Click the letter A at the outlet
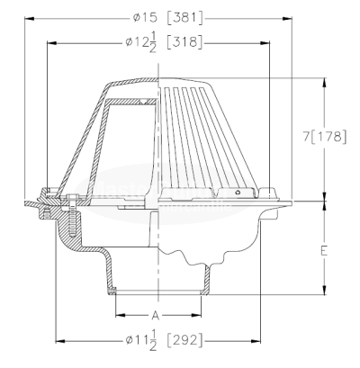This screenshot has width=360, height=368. tap(155, 316)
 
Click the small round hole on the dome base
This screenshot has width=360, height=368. tap(238, 191)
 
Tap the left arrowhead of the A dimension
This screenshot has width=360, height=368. tap(117, 316)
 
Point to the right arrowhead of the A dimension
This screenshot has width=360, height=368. tap(205, 316)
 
